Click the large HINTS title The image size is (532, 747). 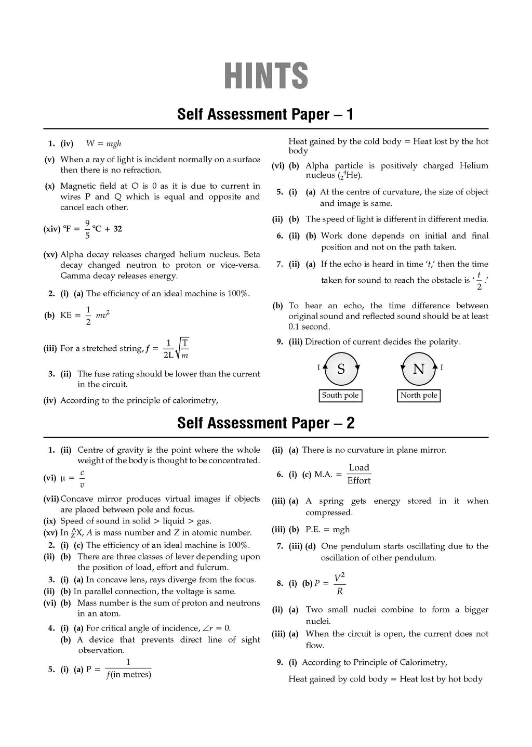coord(266,76)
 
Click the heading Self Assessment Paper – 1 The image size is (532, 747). coord(265,114)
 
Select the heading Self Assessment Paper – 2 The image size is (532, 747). coord(265,423)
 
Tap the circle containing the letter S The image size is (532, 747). coord(341,369)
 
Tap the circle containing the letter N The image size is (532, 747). coord(418,369)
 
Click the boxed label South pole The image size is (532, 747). coord(340,396)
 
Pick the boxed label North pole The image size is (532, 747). coord(419,396)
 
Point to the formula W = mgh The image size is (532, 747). coord(103,144)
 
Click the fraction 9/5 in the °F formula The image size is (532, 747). coord(87,229)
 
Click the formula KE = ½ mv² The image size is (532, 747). coord(85,316)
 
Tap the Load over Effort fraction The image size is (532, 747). coord(359,474)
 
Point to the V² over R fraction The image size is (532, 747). coord(339,584)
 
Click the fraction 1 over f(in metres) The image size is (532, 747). coord(128,669)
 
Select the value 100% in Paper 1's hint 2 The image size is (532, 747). coord(237,294)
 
